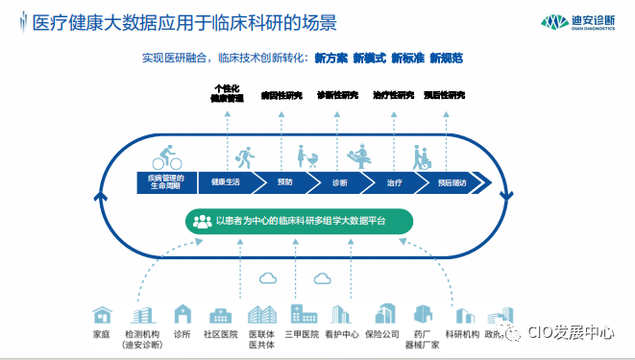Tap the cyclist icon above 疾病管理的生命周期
tap(166, 156)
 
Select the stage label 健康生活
tap(226, 182)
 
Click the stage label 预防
tap(285, 182)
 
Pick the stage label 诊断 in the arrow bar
tap(340, 182)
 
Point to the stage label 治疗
tap(394, 182)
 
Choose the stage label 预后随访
tap(451, 182)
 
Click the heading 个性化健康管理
tap(228, 93)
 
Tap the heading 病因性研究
tap(281, 96)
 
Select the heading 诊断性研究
tap(337, 96)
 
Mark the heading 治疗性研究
tap(392, 96)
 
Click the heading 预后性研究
tap(445, 96)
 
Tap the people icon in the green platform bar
tap(202, 221)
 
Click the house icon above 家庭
tap(101, 315)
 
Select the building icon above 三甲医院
tap(304, 314)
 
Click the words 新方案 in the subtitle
tap(331, 59)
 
